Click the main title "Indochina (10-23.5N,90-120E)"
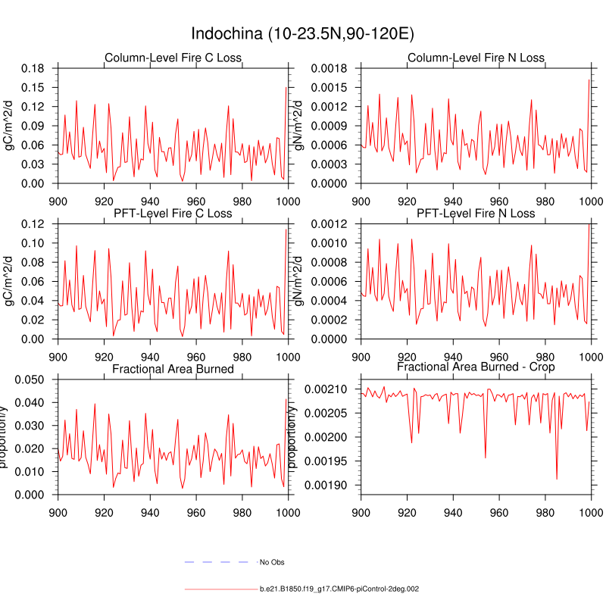[x=302, y=34]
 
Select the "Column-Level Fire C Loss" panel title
[x=173, y=58]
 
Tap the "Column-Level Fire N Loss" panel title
[x=476, y=58]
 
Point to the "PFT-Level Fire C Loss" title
[x=173, y=214]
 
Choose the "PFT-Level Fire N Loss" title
[x=476, y=214]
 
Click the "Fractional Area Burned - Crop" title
[x=476, y=367]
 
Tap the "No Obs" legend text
[x=272, y=562]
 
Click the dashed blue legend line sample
[x=216, y=562]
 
